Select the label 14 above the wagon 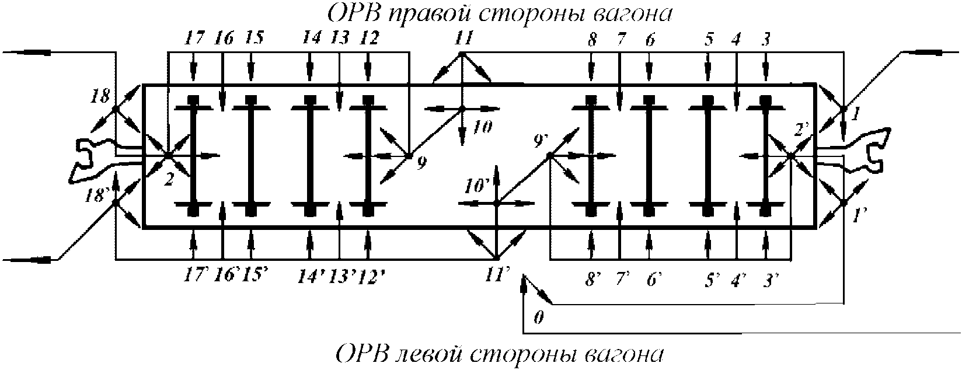pyautogui.click(x=311, y=39)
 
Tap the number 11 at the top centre pyautogui.click(x=462, y=39)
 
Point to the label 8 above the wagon pyautogui.click(x=592, y=40)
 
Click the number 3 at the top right pyautogui.click(x=766, y=40)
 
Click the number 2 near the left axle pyautogui.click(x=168, y=180)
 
